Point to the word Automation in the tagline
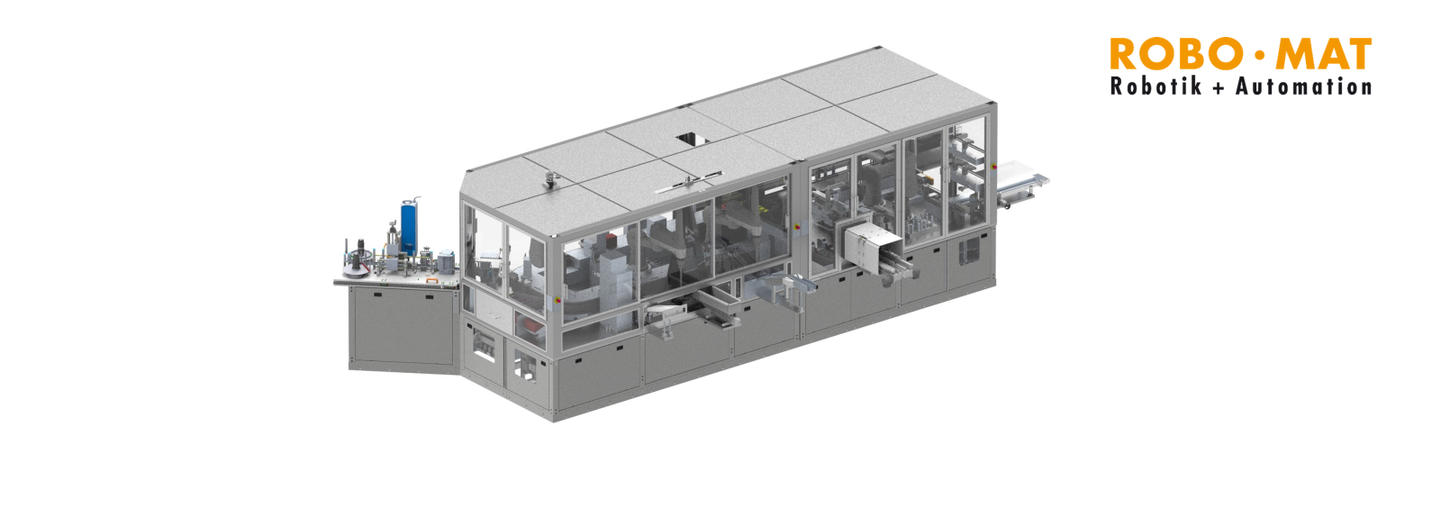(1303, 86)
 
